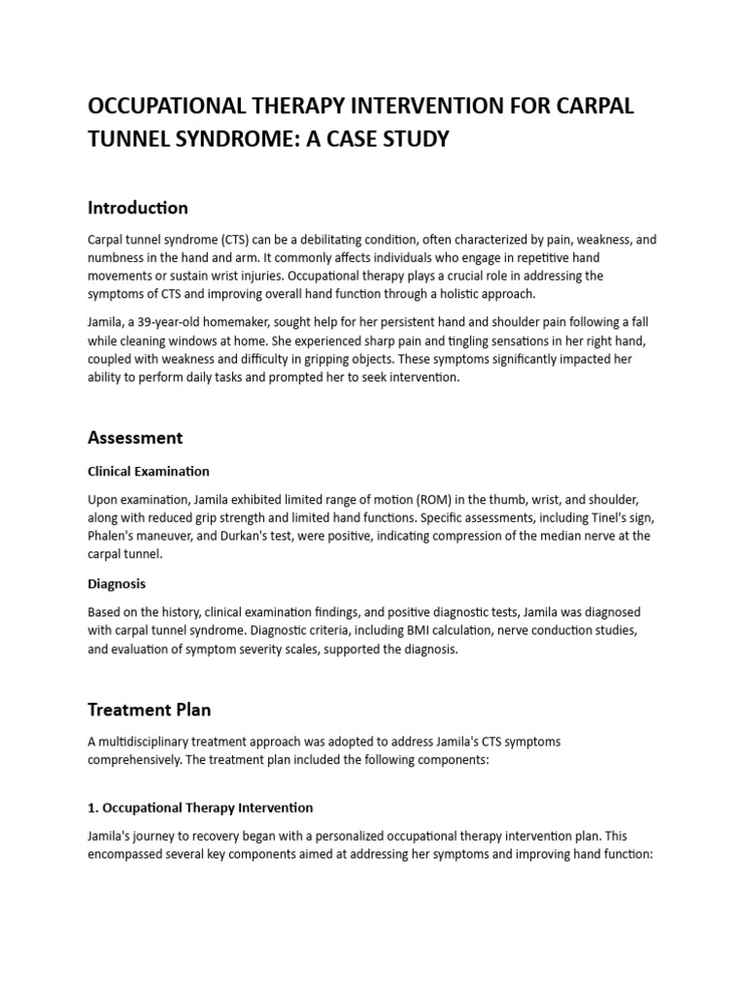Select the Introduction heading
[137, 208]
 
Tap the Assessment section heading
[135, 438]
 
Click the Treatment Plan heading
[149, 710]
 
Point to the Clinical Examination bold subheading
[148, 472]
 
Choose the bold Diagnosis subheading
[117, 584]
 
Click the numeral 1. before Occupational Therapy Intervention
[92, 808]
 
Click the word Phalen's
[114, 536]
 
